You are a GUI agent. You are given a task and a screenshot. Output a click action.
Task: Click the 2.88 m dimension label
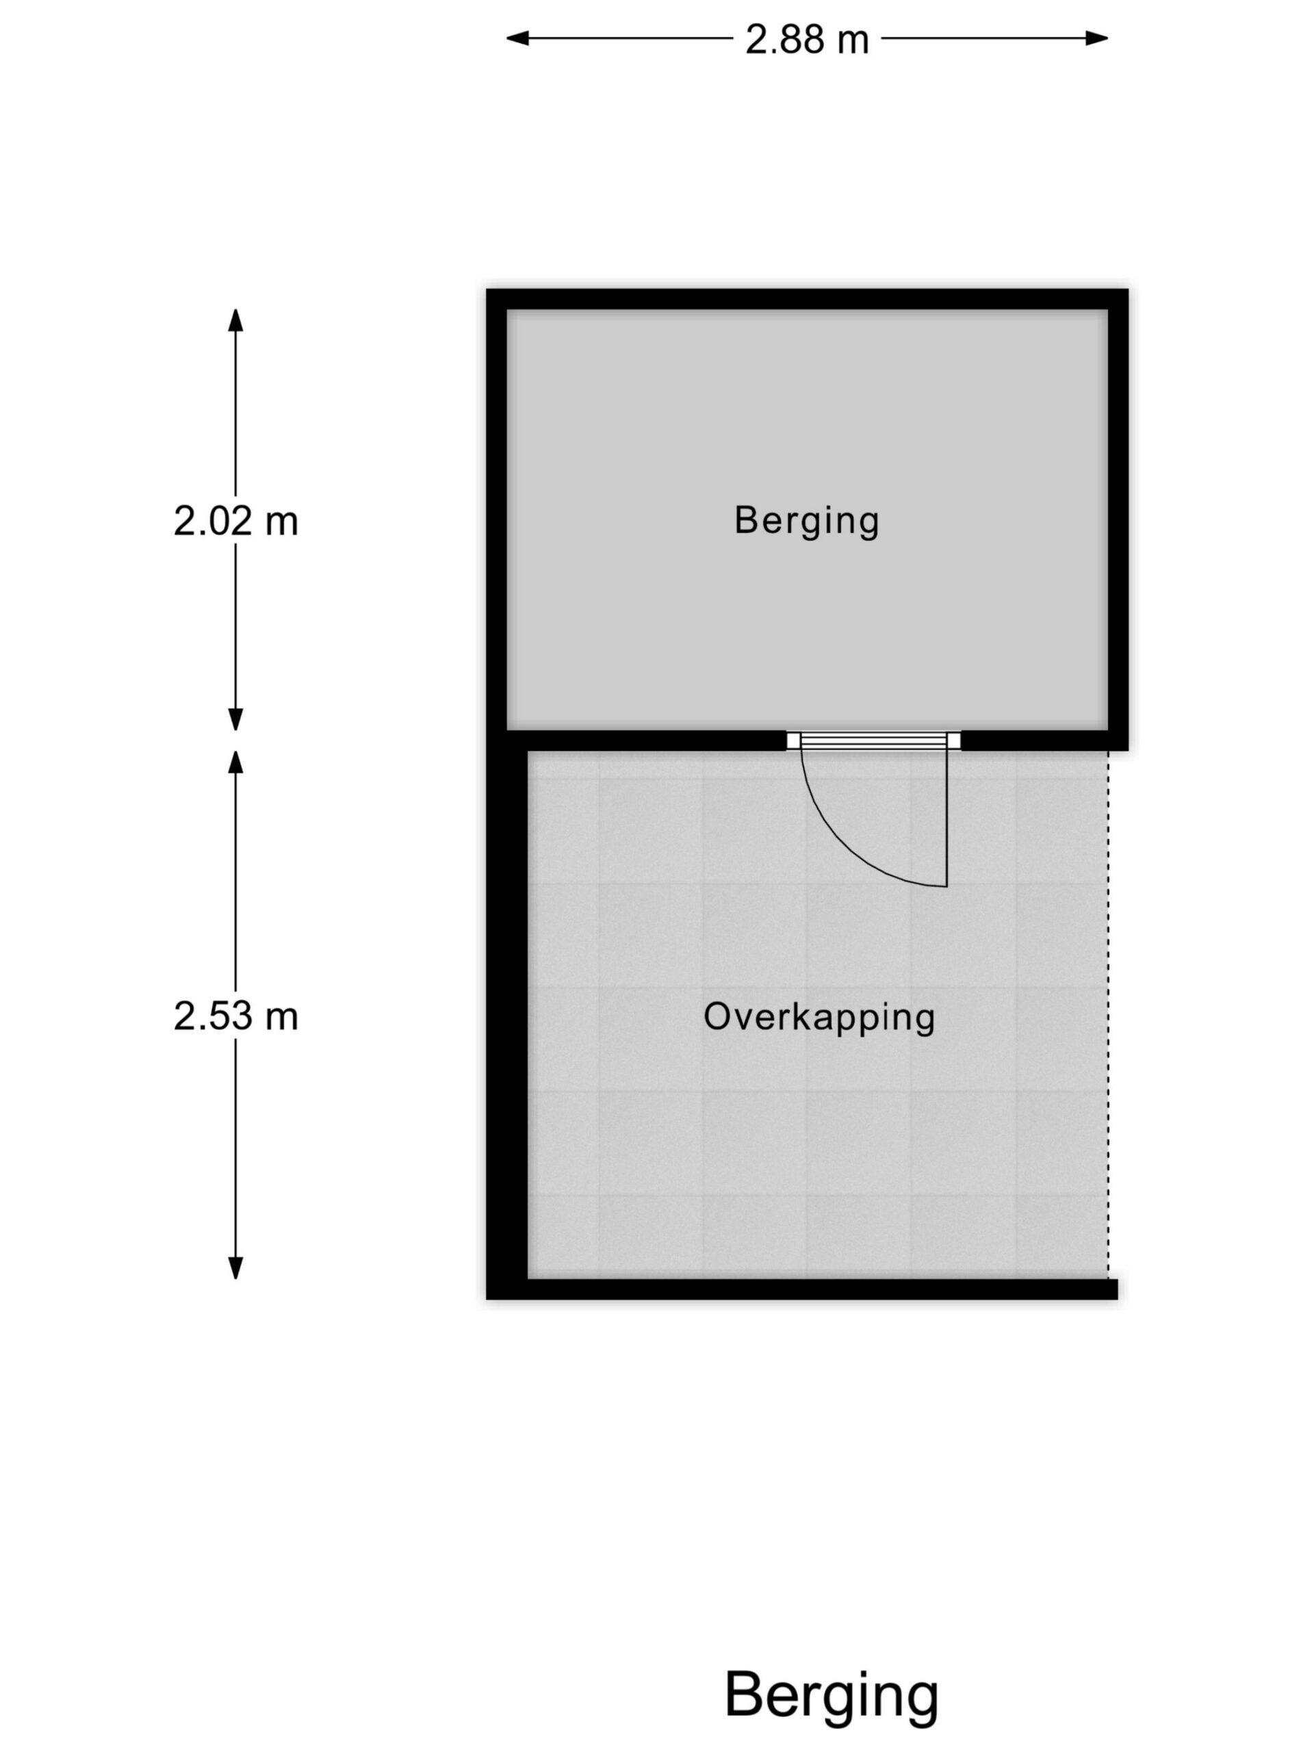[806, 39]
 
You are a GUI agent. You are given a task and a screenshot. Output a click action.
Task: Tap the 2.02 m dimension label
[235, 521]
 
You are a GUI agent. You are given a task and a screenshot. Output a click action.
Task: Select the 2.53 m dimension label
[235, 1016]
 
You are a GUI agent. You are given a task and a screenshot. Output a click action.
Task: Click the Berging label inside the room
[806, 521]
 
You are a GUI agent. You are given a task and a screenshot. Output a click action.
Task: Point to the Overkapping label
[819, 1017]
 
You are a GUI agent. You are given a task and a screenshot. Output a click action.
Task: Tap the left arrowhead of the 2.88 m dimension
[517, 38]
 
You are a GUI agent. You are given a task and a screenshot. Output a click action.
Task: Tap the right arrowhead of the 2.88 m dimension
[1097, 38]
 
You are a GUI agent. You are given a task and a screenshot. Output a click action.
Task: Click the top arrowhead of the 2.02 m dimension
[235, 319]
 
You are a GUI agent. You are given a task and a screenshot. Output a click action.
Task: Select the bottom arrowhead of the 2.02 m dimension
[235, 719]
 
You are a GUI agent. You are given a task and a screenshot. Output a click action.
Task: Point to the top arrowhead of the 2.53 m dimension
[235, 761]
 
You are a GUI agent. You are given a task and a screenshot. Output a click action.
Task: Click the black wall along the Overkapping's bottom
[802, 1289]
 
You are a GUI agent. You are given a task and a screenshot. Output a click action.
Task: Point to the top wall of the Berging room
[807, 299]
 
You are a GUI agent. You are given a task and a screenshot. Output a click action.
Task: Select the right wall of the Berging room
[1118, 519]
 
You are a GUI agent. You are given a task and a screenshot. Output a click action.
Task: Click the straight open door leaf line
[946, 819]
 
